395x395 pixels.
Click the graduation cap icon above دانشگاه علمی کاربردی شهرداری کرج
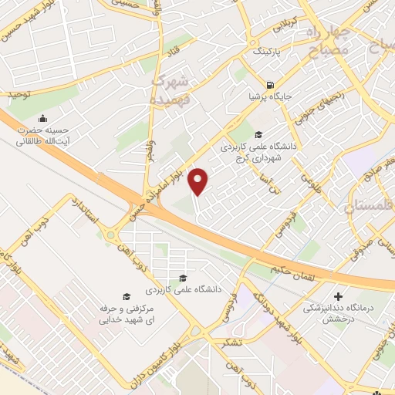tap(258, 133)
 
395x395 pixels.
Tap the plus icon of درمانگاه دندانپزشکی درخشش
tap(338, 296)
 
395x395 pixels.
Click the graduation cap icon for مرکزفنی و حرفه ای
tap(126, 296)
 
